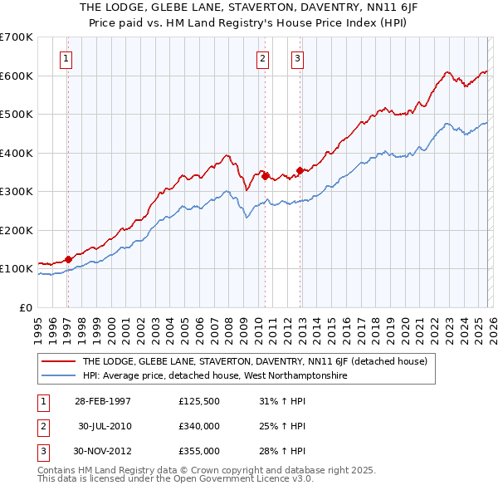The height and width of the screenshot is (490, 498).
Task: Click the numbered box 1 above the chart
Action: point(66,58)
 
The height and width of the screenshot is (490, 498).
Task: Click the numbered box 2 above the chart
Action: point(262,58)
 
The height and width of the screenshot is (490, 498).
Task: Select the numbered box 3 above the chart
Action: point(297,58)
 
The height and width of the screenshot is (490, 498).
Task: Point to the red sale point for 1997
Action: point(68,258)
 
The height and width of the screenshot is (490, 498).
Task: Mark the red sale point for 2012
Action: point(300,170)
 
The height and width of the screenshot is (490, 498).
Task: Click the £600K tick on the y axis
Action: point(17,76)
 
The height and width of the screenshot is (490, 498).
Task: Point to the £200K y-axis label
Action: point(17,230)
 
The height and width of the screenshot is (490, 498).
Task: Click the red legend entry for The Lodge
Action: point(254,361)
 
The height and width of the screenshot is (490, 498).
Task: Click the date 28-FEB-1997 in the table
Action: point(103,401)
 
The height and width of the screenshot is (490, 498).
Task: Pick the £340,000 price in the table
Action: point(199,426)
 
